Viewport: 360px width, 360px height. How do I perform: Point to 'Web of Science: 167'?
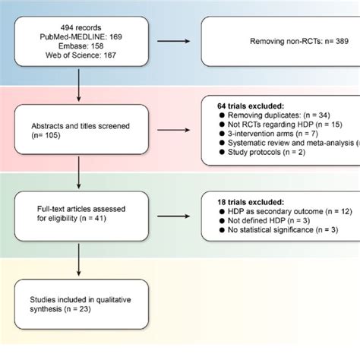point(80,55)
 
